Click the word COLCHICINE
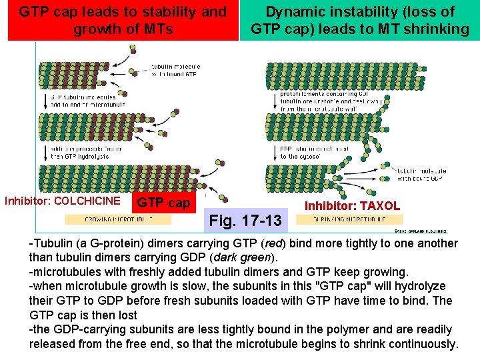coord(87,201)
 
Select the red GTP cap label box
coord(163,202)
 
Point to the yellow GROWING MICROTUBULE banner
coord(119,219)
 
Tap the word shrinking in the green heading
coord(436,29)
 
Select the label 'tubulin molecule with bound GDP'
coord(422,175)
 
